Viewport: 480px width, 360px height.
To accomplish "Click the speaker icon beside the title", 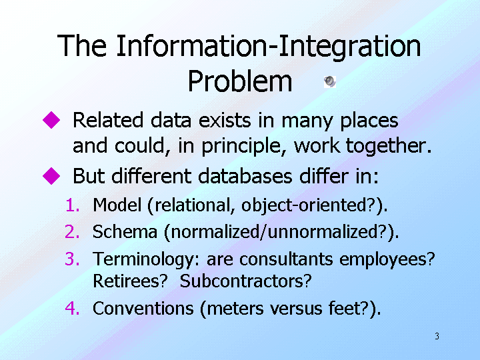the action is click(330, 82).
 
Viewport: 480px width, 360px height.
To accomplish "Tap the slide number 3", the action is click(437, 336).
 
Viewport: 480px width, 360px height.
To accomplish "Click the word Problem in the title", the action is click(240, 81).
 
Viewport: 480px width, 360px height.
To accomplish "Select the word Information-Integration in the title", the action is click(269, 47).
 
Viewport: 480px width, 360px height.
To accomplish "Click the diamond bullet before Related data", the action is click(51, 120).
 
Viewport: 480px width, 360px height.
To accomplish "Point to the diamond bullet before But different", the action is click(51, 176).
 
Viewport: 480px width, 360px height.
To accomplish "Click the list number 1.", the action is click(73, 205).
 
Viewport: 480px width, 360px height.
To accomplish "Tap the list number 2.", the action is click(73, 232).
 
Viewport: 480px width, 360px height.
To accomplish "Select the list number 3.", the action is click(73, 259).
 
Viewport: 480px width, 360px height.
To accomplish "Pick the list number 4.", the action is click(73, 308).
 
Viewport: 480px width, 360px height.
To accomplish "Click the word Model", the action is click(117, 205).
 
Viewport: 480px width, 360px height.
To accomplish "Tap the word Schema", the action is click(125, 231).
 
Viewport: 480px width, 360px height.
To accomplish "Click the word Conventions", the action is click(143, 308).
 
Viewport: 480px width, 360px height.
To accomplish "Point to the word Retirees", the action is click(130, 281).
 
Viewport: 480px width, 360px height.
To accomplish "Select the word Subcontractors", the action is click(245, 281).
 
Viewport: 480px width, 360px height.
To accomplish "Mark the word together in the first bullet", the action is click(388, 146).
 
